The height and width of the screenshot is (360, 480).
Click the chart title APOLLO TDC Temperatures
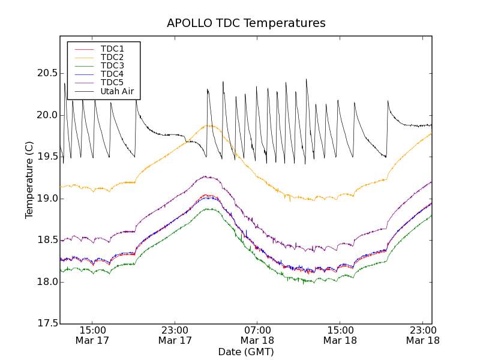point(246,23)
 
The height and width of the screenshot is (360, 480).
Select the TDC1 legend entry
point(112,49)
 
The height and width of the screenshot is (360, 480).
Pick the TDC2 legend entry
point(112,57)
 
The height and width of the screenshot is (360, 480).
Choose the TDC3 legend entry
point(112,65)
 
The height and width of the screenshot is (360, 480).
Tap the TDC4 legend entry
point(112,74)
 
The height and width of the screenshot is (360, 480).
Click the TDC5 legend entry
point(112,82)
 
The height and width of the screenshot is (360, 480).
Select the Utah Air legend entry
point(116,91)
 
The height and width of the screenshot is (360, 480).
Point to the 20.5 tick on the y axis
point(46,73)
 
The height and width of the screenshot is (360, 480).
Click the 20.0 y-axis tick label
point(46,115)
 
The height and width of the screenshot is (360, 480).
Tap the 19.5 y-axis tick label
point(46,157)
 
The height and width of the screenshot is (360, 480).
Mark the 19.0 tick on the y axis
point(46,199)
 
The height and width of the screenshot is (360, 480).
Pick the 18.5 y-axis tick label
point(46,240)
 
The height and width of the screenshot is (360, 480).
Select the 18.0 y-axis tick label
point(46,282)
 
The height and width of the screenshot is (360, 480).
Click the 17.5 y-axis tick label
point(46,324)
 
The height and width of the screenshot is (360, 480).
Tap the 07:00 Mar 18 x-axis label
point(257,335)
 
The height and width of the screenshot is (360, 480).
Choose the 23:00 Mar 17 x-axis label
point(175,335)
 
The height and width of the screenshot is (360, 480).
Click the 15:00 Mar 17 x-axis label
point(92,335)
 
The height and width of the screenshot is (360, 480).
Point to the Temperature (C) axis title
point(29,180)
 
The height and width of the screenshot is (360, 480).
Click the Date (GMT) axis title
point(246,352)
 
